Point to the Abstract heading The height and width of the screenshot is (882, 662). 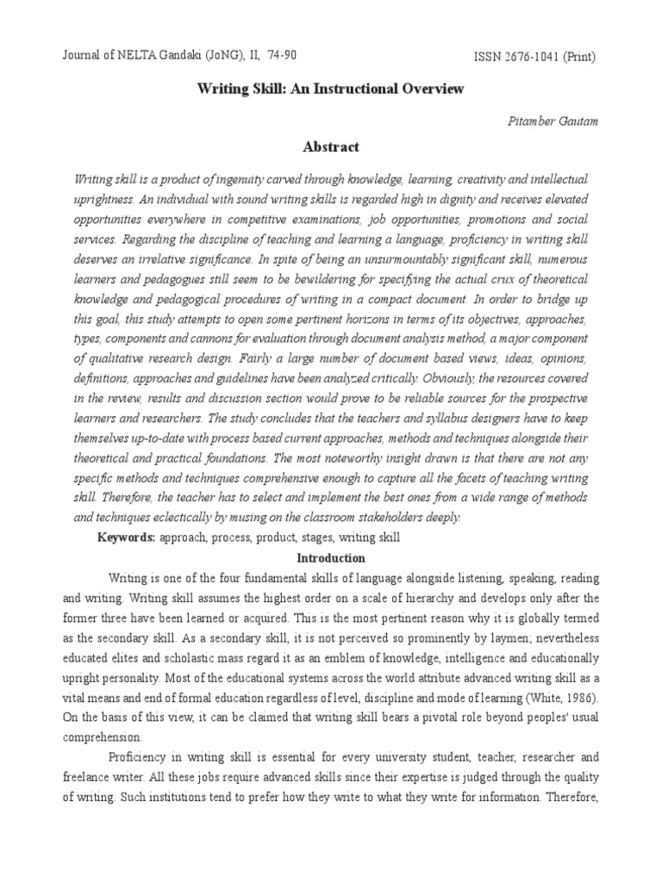point(331,147)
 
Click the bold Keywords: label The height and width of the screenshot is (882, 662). point(126,537)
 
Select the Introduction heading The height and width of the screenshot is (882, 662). point(330,557)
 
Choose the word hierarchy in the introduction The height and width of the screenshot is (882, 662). point(426,598)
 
